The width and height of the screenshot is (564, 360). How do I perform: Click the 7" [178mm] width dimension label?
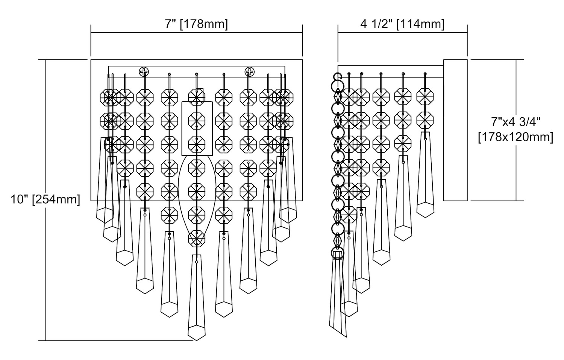click(196, 24)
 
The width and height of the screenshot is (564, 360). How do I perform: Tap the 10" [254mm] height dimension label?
click(45, 199)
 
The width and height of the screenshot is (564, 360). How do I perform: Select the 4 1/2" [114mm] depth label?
click(402, 24)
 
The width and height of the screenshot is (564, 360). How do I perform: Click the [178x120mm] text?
click(515, 137)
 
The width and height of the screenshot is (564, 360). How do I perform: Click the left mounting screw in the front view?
click(144, 71)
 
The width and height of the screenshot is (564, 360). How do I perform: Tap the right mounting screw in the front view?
click(249, 71)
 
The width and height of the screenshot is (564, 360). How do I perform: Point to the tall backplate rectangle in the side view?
click(455, 130)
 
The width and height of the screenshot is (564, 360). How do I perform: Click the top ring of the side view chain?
click(338, 78)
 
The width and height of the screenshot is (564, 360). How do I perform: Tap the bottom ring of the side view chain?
click(337, 253)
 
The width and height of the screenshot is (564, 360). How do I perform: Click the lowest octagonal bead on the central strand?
click(197, 238)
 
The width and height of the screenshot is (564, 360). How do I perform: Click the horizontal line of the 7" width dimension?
click(196, 33)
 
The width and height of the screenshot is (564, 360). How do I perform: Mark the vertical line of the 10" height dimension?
click(46, 263)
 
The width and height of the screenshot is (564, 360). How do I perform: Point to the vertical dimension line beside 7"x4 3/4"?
click(515, 169)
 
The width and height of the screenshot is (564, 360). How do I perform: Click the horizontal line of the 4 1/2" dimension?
click(402, 33)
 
